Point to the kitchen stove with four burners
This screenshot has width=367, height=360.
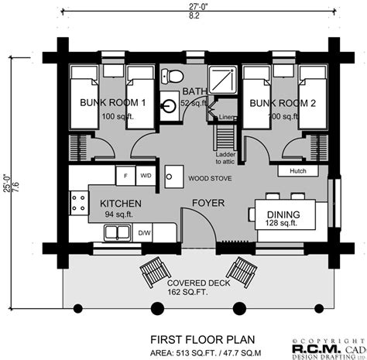[x=78, y=203]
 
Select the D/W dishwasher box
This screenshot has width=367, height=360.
[x=145, y=231]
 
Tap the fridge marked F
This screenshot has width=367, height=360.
[x=125, y=175]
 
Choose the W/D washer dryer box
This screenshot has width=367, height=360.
[x=145, y=175]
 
